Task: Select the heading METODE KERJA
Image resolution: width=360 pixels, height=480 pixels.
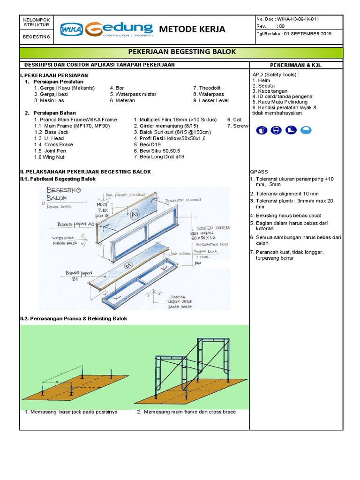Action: point(192,29)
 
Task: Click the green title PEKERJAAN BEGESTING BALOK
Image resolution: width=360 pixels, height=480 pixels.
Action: point(181,52)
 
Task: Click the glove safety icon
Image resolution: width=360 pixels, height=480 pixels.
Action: point(262,130)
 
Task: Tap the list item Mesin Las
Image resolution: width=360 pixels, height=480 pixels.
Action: point(46,100)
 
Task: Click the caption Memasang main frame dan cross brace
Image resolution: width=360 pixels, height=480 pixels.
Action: point(186,412)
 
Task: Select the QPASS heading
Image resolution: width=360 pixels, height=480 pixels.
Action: point(259,172)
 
